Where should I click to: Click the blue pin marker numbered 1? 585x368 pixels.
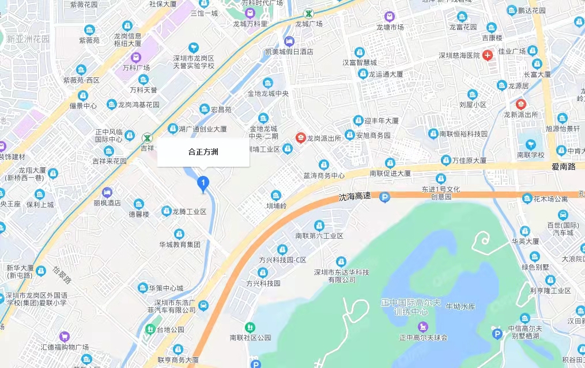[x=202, y=183]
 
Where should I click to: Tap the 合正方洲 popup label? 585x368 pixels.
[x=203, y=152]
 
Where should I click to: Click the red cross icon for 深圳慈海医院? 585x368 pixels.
[x=488, y=55]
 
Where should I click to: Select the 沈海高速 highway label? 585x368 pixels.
[x=354, y=197]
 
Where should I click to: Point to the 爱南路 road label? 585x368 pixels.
[x=564, y=167]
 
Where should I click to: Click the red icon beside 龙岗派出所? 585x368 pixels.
[x=300, y=138]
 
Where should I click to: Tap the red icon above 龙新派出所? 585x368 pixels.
[x=521, y=104]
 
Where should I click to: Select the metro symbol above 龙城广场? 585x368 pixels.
[x=310, y=13]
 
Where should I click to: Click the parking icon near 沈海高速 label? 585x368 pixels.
[x=384, y=198]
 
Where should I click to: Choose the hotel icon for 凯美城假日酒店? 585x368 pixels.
[x=289, y=40]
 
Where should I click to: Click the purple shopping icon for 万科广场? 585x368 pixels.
[x=136, y=57]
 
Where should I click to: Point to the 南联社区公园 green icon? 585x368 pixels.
[x=250, y=326]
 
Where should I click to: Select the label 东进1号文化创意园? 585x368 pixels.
[x=441, y=192]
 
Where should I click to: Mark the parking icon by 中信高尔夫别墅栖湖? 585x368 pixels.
[x=497, y=333]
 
